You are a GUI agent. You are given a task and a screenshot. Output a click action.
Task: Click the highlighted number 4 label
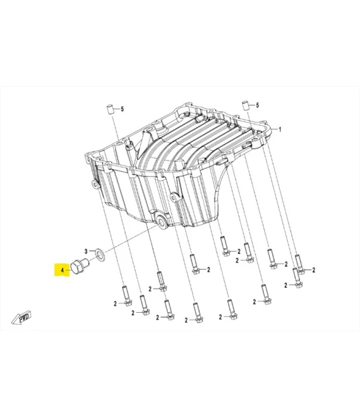[x=62, y=270]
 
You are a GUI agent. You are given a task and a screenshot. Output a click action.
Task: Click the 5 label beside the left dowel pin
[x=123, y=109]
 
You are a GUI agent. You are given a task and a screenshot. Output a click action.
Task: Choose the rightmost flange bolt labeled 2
[x=299, y=265]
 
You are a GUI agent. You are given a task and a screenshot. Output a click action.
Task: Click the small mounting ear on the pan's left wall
[x=95, y=185]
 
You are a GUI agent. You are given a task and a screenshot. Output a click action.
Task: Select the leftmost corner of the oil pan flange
[x=83, y=155]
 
